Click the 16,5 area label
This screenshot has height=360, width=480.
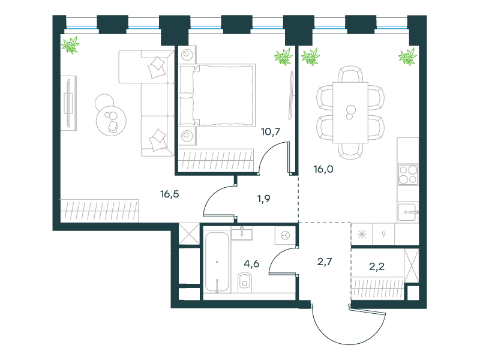tap(170, 194)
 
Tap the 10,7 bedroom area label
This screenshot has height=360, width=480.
tap(271, 132)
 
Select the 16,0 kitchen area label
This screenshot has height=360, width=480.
tap(323, 169)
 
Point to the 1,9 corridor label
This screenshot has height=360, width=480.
tap(263, 199)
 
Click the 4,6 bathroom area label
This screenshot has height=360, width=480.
tap(251, 263)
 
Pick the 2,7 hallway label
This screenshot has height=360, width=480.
tap(325, 262)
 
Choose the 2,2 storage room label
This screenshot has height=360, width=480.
tap(377, 266)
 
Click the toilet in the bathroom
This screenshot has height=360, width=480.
tap(245, 282)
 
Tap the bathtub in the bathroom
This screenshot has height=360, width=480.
tap(217, 262)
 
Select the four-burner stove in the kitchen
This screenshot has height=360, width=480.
tap(408, 175)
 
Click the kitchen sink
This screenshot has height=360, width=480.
tap(408, 212)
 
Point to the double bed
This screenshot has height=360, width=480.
tap(217, 95)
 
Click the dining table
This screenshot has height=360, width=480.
tap(350, 112)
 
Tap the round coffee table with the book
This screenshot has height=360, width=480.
tap(111, 121)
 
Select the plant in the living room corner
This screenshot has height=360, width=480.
tap(70, 45)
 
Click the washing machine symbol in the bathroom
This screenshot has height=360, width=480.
tap(286, 235)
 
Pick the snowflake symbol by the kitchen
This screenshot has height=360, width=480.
tap(362, 235)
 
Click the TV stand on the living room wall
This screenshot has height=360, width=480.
tap(68, 103)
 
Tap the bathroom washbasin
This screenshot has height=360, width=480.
tap(242, 233)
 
